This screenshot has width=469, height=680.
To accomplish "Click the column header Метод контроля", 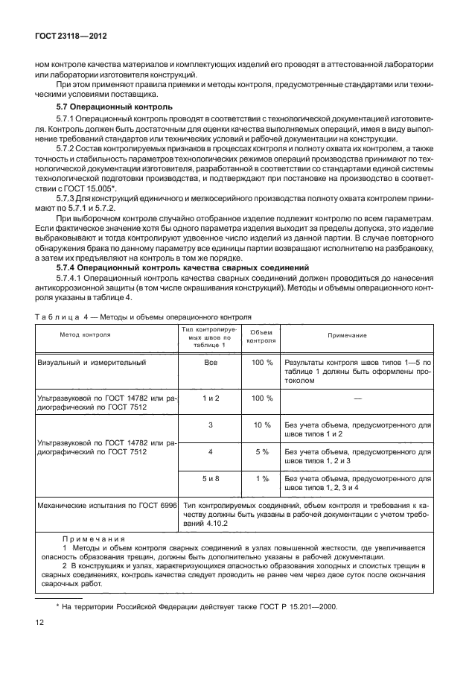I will click(x=85, y=335).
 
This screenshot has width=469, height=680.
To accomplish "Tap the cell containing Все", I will click(x=210, y=362).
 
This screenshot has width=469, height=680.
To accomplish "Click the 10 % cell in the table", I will click(x=261, y=425).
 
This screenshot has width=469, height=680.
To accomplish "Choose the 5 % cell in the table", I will click(x=261, y=451).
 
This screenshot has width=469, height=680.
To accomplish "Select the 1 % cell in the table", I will click(x=261, y=478).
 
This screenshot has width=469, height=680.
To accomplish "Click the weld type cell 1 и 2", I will click(x=210, y=398).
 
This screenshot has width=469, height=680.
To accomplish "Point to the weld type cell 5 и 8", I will click(x=210, y=478).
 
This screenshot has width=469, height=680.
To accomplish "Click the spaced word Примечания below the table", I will click(x=94, y=538).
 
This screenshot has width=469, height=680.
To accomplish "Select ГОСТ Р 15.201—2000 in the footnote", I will click(x=297, y=607).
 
